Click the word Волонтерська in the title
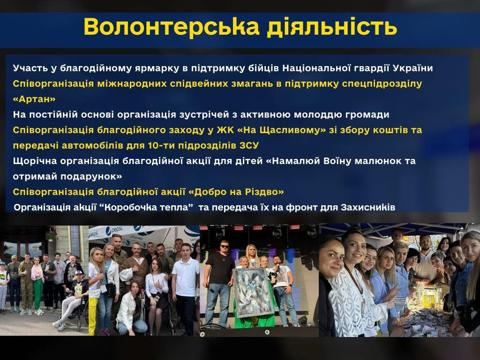[172, 26]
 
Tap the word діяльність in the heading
[332, 27]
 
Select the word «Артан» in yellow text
[34, 99]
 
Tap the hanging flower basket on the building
[52, 235]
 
